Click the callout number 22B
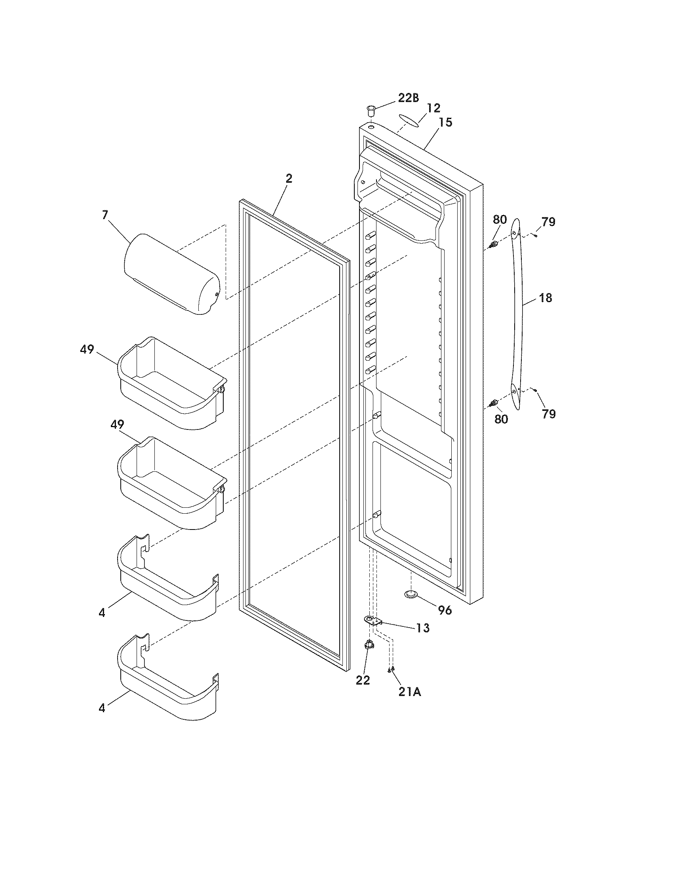[x=409, y=98]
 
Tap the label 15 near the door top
[x=446, y=122]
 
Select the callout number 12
[x=433, y=108]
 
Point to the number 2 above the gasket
[x=289, y=179]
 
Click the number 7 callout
[x=105, y=215]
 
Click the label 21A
[x=410, y=692]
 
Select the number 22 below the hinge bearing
[x=363, y=680]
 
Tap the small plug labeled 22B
[x=371, y=109]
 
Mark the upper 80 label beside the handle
[x=500, y=219]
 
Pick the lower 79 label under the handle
[x=549, y=414]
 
